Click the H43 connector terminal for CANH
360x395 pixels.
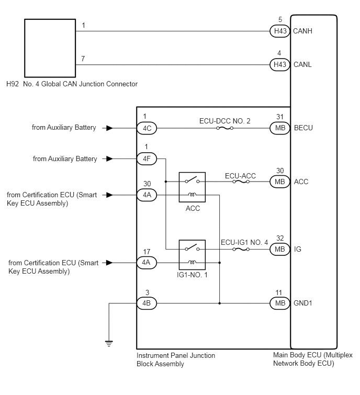coord(280,31)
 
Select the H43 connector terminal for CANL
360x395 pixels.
coord(280,65)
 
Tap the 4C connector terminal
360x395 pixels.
coord(147,128)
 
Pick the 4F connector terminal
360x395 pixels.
coord(147,159)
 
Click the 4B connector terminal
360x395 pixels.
coord(147,303)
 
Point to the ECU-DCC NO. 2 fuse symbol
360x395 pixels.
coord(224,128)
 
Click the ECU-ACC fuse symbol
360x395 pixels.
coord(241,182)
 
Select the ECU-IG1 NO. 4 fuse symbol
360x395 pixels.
coord(241,250)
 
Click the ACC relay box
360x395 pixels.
coord(192,187)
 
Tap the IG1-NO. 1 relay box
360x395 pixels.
coord(192,255)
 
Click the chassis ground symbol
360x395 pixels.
coord(109,344)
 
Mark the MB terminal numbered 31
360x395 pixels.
coord(280,128)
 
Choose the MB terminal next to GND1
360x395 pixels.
coord(280,303)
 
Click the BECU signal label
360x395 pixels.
coord(303,128)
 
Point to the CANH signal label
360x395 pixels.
coord(302,31)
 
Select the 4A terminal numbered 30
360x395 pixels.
coord(147,195)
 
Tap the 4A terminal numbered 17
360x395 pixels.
coord(147,263)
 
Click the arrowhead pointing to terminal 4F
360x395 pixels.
coord(109,159)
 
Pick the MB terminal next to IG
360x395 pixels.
coord(280,250)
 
